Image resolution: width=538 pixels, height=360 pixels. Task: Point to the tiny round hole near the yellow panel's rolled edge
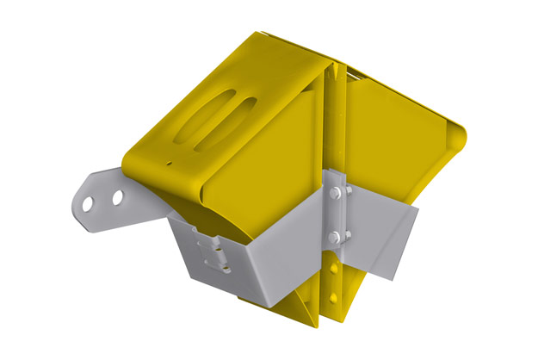[x=170, y=161]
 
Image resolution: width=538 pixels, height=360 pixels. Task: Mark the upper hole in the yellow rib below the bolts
[x=333, y=269]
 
